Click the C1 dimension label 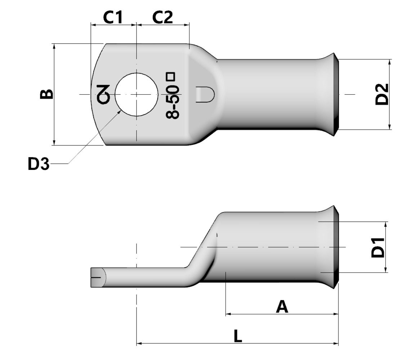pos(113,17)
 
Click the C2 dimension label pos(162,17)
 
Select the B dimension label pos(46,94)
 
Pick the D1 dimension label pos(378,247)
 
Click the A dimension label pos(282,307)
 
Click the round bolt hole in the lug pos(136,94)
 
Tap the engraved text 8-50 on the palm pos(173,102)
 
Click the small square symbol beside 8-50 pos(170,77)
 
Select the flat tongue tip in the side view pos(97,277)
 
